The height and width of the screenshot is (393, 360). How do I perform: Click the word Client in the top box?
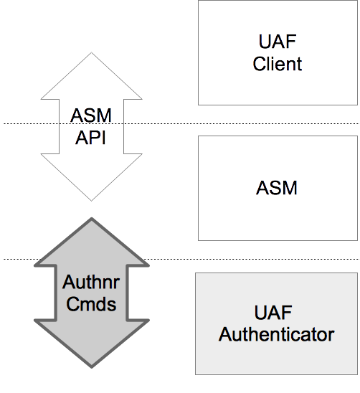[278, 64]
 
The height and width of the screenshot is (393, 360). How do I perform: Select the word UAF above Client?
[278, 41]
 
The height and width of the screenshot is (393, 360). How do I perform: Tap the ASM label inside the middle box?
[277, 189]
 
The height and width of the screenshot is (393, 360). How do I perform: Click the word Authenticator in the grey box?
[276, 334]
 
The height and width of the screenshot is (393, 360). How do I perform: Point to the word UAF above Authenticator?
[276, 313]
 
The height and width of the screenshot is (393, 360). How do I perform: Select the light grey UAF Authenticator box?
[276, 359]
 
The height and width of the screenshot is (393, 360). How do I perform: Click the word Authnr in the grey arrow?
[91, 282]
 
